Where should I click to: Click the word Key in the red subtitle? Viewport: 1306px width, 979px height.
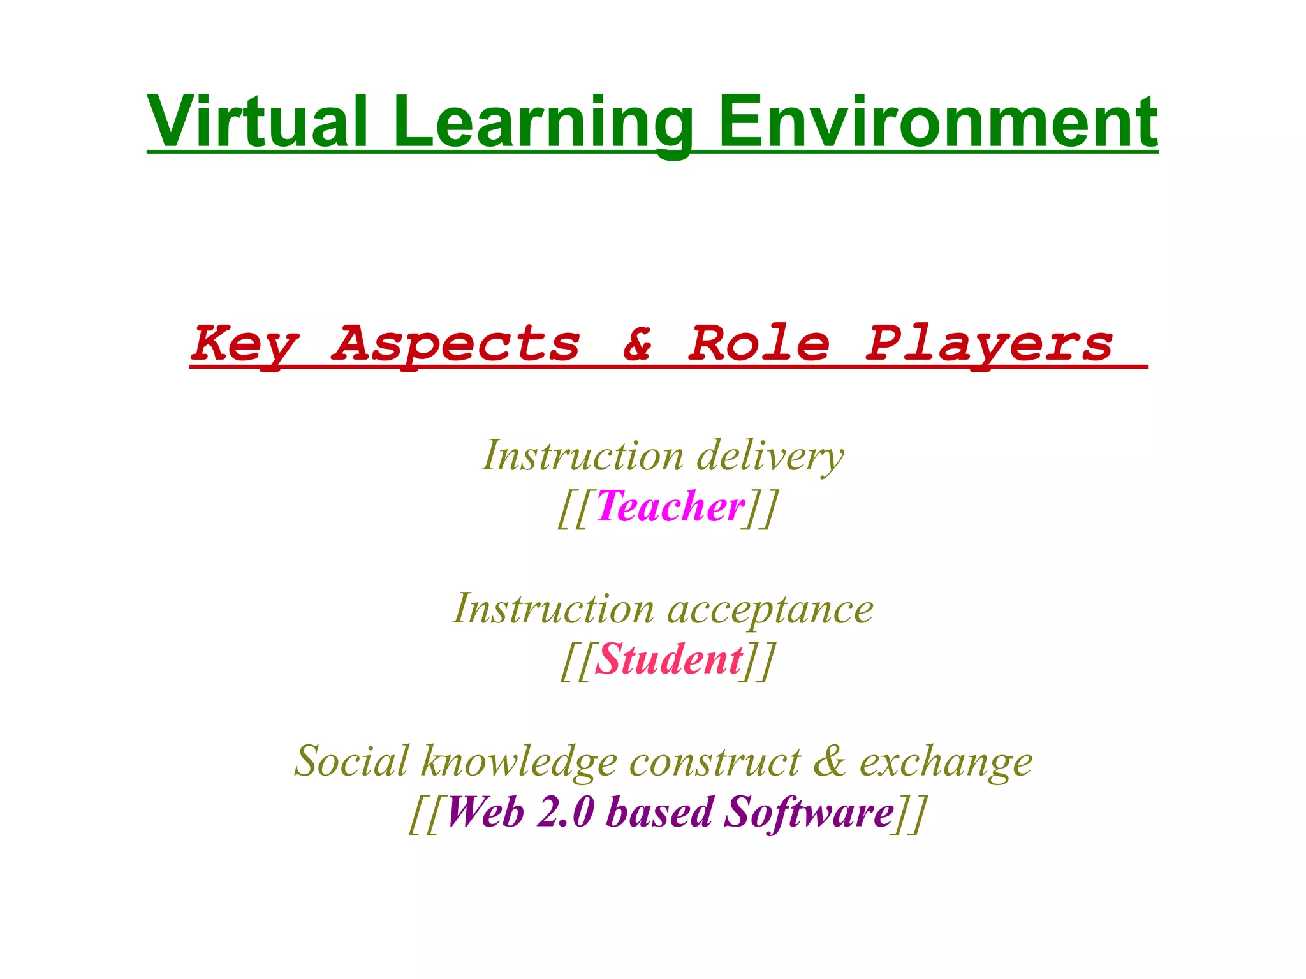(x=244, y=344)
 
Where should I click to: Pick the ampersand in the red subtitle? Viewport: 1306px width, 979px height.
(x=638, y=344)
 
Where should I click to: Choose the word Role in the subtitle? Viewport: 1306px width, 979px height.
(x=759, y=344)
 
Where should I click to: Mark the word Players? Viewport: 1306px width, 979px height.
(x=988, y=344)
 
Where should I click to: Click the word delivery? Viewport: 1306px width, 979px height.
(x=770, y=457)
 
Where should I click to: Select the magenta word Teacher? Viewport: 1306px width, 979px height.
(x=671, y=507)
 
